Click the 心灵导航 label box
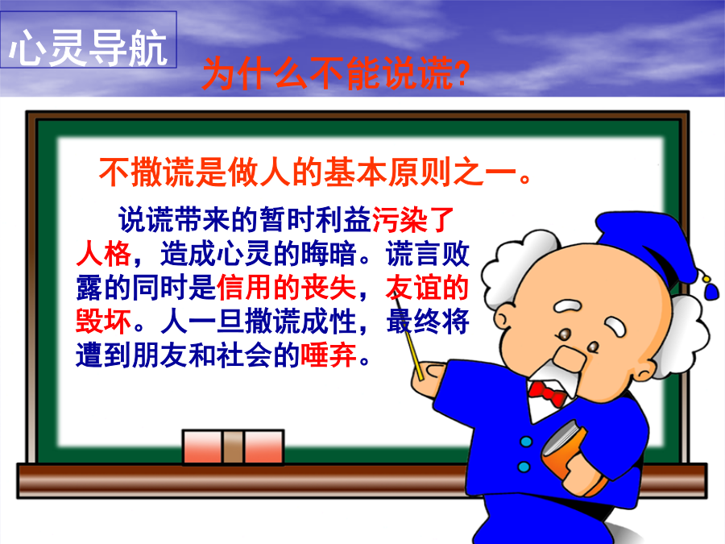coord(89,39)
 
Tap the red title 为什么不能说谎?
coord(336,73)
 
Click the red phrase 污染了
coord(413,219)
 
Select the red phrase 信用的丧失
coord(286,288)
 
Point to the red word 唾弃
coord(329,355)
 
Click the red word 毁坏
coord(104,322)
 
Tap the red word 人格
coord(104,254)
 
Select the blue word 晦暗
coord(329,254)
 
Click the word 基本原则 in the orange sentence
coord(387,172)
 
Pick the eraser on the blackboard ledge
coord(233,446)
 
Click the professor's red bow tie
coord(548,392)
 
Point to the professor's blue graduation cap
coord(648,245)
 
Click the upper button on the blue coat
coord(526,442)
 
